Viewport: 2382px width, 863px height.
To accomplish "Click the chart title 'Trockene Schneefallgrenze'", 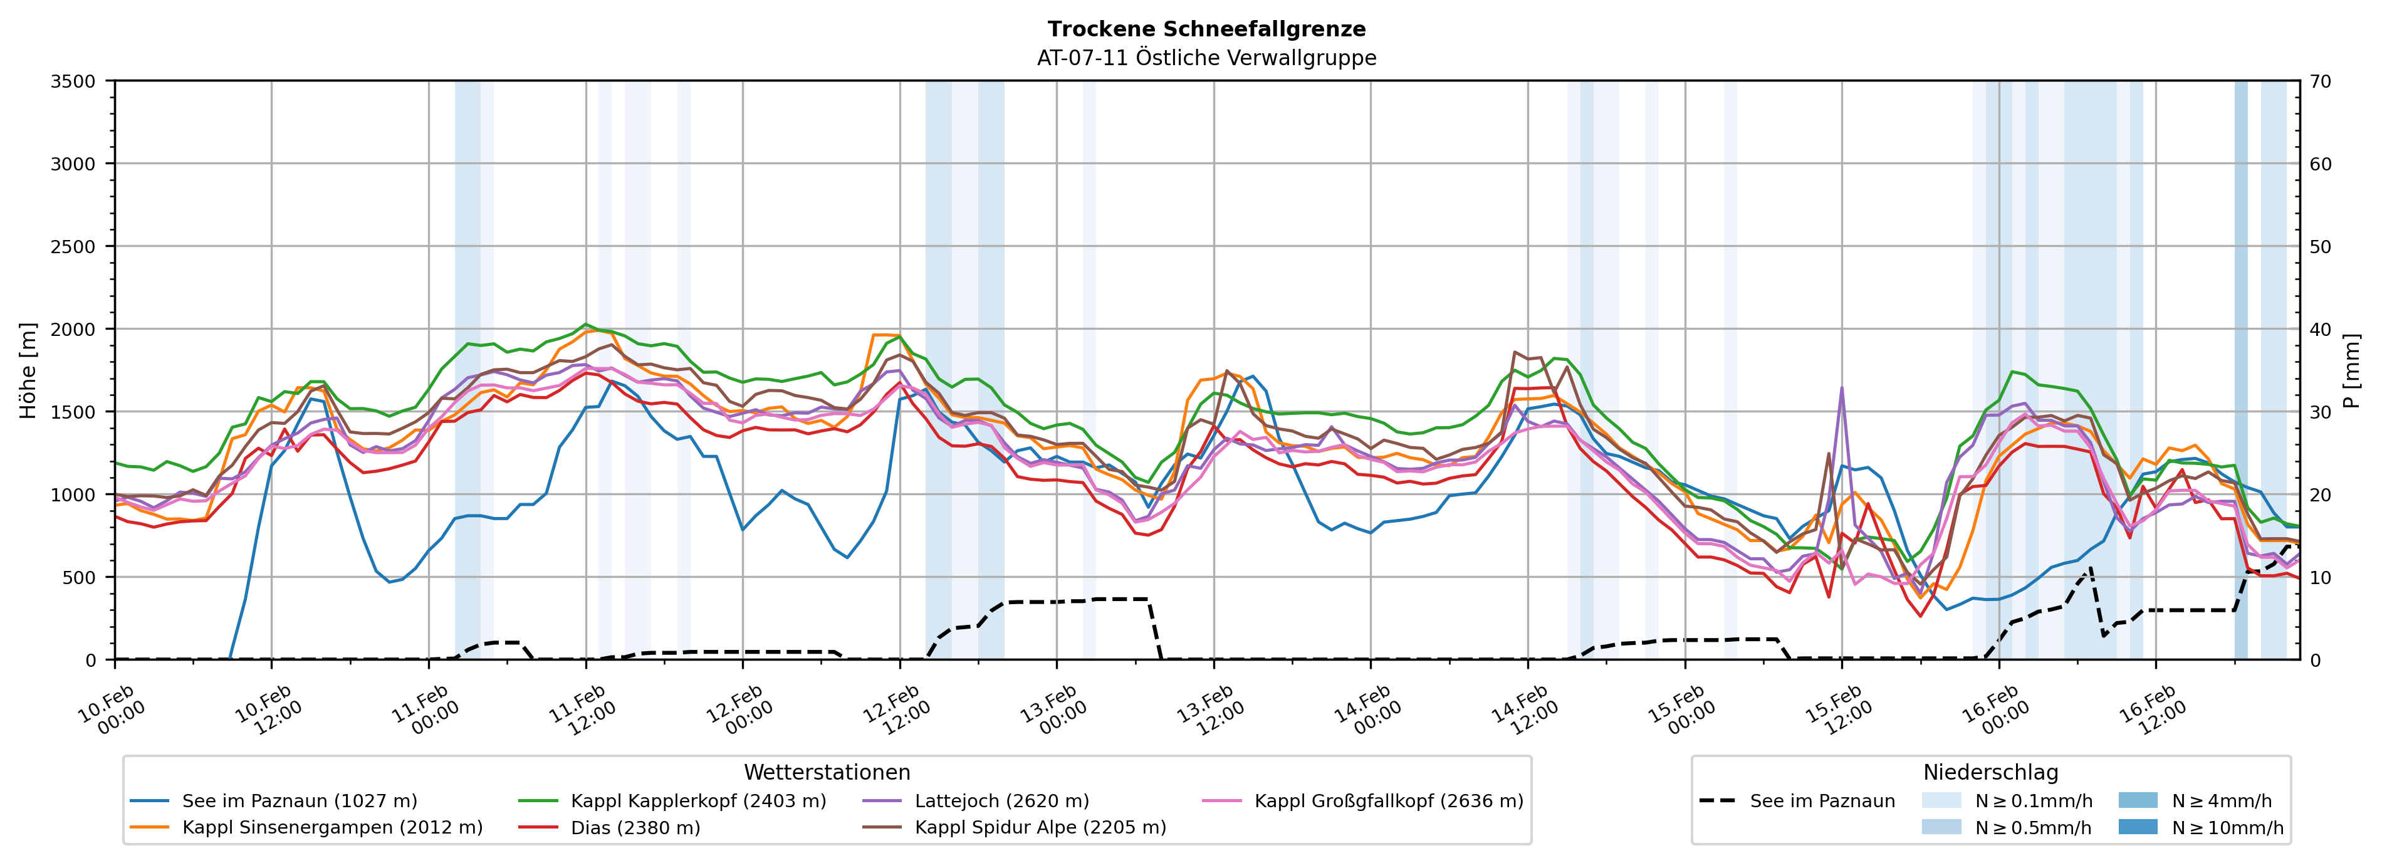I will coord(1206,29).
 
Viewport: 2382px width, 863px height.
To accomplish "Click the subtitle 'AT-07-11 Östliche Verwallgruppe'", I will coord(1206,58).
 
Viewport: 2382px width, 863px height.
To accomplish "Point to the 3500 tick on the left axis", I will coord(73,81).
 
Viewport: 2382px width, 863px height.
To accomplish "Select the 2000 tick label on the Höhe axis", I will coord(73,329).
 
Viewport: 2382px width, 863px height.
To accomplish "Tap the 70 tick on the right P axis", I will coord(2320,81).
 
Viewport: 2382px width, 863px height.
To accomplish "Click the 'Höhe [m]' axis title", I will coord(29,370).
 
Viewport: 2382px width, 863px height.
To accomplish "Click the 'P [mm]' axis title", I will coord(2351,370).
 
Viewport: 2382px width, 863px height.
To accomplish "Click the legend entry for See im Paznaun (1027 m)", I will coord(300,801).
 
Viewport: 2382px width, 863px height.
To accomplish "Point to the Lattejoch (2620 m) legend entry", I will coord(1001,801).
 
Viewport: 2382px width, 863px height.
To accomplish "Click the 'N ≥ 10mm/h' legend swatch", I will coord(2137,827).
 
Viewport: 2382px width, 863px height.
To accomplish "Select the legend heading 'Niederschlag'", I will coord(1990,772).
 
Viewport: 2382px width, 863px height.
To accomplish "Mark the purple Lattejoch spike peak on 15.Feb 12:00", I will coord(1841,387).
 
